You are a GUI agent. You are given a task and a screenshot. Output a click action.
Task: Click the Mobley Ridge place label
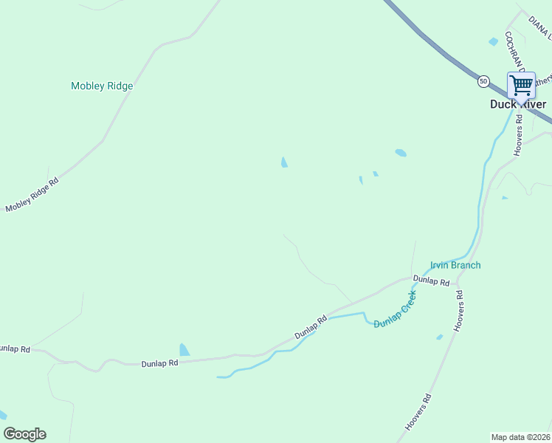[x=102, y=86]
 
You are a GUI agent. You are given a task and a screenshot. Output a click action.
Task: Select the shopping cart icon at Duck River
[x=521, y=85]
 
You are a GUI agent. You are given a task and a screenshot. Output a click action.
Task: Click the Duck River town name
[x=518, y=104]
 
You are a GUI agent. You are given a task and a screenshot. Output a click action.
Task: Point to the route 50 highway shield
[x=483, y=80]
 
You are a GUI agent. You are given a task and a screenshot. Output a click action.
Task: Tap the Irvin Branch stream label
[x=455, y=265]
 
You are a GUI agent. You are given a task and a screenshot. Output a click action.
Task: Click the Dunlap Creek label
[x=396, y=310]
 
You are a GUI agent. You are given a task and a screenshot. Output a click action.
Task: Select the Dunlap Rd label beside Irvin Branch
[x=431, y=281]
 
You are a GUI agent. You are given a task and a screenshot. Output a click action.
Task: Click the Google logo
[x=24, y=434]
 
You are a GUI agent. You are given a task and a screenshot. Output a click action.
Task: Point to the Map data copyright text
[x=520, y=436]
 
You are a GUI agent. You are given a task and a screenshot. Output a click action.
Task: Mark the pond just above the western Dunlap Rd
[x=184, y=349]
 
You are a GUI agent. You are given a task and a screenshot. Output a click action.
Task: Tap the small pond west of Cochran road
[x=493, y=42]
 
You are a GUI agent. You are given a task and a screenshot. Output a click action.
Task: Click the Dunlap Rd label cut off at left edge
[x=15, y=348]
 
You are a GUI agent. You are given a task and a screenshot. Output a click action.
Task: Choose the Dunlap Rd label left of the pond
[x=160, y=363]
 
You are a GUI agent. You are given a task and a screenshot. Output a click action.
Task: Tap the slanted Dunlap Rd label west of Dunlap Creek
[x=311, y=328]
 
